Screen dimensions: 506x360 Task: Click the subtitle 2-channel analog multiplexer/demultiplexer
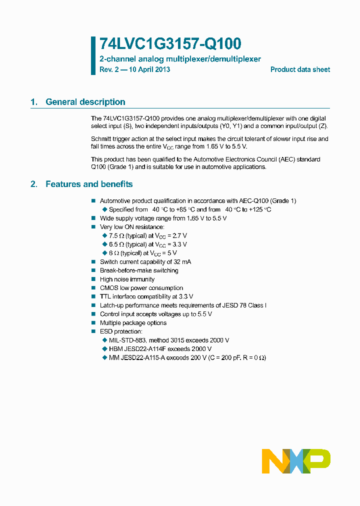[180, 59]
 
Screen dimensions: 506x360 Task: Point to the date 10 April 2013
[148, 69]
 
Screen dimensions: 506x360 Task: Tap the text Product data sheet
[300, 69]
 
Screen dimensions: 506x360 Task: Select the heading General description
[85, 102]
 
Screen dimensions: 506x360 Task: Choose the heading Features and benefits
[89, 184]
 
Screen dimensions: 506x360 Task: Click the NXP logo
[296, 461]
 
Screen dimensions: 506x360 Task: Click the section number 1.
[33, 102]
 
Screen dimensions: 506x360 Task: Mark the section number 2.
[33, 184]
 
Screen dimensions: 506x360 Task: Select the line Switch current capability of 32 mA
[145, 262]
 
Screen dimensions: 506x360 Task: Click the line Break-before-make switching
[139, 270]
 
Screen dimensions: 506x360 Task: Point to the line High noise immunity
[127, 279]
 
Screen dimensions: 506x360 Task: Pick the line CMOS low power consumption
[141, 288]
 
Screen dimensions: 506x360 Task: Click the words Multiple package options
[133, 323]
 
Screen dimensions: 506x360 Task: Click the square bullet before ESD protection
[93, 331]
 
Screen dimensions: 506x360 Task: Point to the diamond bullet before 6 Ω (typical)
[105, 253]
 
